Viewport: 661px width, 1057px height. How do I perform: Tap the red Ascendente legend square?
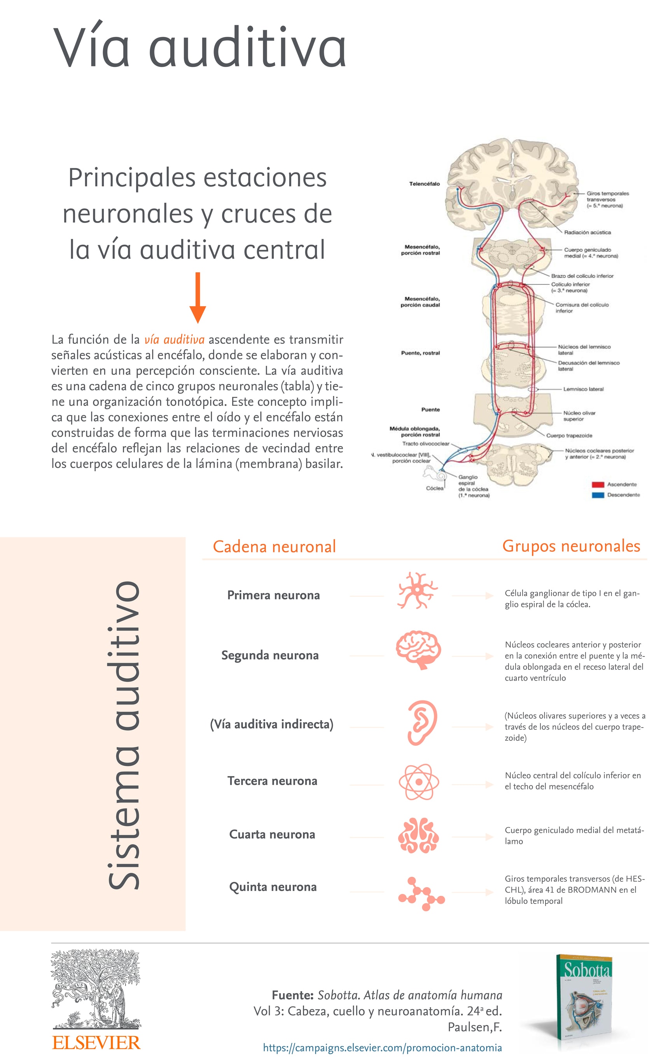(x=598, y=484)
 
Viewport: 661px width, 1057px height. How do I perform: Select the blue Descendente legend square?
(x=598, y=495)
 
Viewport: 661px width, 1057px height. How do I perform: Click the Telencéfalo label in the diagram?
(x=424, y=184)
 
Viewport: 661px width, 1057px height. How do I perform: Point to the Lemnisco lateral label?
(x=583, y=389)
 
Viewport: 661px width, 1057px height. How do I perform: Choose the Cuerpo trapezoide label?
(x=569, y=435)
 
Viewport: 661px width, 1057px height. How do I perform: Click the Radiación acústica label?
(x=587, y=232)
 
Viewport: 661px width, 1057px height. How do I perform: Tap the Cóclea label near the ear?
(x=435, y=488)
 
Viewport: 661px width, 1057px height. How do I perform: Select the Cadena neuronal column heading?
(x=274, y=547)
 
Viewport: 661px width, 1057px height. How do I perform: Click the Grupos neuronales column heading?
(x=571, y=546)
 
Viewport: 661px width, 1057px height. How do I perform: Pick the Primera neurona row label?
(x=273, y=596)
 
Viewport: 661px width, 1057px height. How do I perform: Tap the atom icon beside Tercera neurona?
(x=418, y=782)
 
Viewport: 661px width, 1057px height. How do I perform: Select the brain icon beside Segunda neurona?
(x=418, y=650)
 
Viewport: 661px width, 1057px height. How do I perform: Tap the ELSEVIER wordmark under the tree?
(x=96, y=1043)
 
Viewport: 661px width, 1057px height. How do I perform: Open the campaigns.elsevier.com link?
(x=382, y=1047)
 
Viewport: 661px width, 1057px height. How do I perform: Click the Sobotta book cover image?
(x=584, y=1002)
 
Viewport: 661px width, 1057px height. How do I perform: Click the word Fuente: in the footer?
(x=292, y=995)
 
